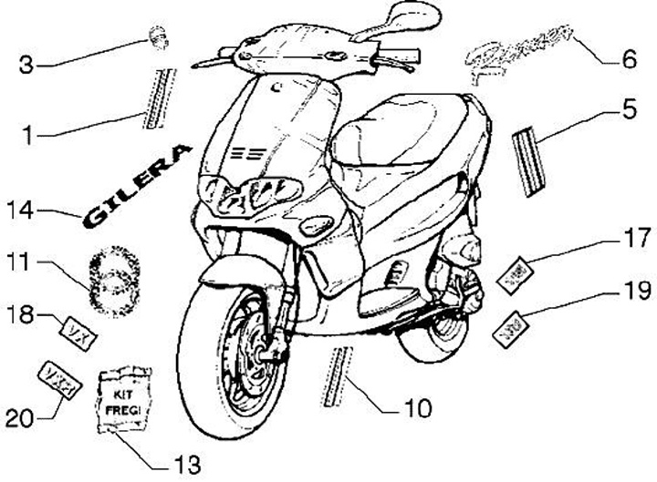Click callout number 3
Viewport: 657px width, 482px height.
pyautogui.click(x=27, y=65)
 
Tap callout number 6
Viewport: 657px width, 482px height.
pyautogui.click(x=630, y=60)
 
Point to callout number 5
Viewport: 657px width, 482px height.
pyautogui.click(x=630, y=110)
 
